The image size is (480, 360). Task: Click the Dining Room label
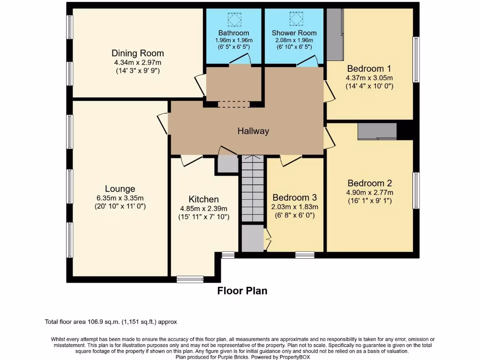point(137,53)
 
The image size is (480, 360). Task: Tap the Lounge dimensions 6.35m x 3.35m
point(120,198)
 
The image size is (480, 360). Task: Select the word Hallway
point(253,131)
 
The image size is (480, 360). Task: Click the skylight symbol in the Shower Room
point(294,19)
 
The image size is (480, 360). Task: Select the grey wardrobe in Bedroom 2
point(377,131)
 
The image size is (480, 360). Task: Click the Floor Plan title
point(242,291)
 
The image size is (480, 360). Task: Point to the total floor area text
point(111,322)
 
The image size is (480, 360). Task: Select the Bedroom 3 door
point(291,161)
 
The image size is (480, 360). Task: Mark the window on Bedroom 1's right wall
point(415,60)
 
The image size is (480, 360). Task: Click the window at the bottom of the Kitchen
point(190,279)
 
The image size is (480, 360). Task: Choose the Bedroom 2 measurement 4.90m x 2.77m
point(370,192)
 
